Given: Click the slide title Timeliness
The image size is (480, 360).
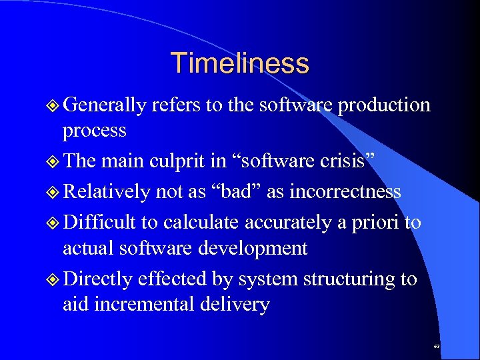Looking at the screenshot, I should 240,63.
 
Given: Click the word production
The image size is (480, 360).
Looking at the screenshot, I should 384,105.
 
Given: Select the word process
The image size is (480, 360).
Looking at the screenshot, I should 94,130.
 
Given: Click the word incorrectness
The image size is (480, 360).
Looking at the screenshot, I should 345,192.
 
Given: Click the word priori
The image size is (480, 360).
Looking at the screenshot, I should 378,222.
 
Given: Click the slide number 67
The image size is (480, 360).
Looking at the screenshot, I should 436,347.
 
